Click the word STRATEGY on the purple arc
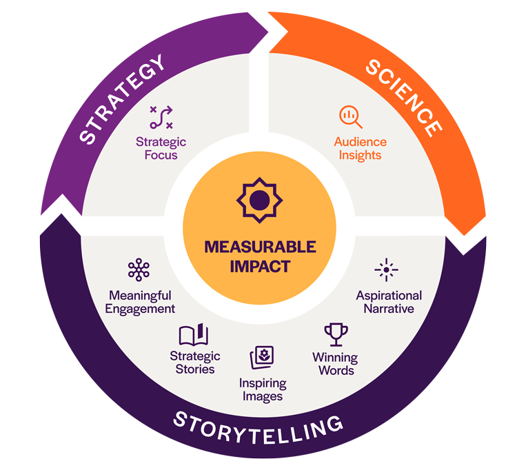pyautogui.click(x=123, y=99)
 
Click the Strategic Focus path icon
pyautogui.click(x=161, y=117)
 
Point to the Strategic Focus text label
pyautogui.click(x=161, y=148)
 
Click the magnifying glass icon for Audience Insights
pyautogui.click(x=350, y=116)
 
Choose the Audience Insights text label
pyautogui.click(x=360, y=148)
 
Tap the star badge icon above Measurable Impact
pyautogui.click(x=259, y=201)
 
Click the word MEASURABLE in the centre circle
pyautogui.click(x=260, y=247)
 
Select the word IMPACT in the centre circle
pyautogui.click(x=260, y=266)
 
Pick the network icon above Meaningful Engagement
pyautogui.click(x=139, y=270)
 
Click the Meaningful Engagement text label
pyautogui.click(x=140, y=302)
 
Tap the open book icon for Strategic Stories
pyautogui.click(x=194, y=336)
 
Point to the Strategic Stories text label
pyautogui.click(x=195, y=362)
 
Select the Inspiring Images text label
pyautogui.click(x=262, y=389)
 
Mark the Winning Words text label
pyautogui.click(x=335, y=364)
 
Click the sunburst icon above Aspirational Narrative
pyautogui.click(x=386, y=270)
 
